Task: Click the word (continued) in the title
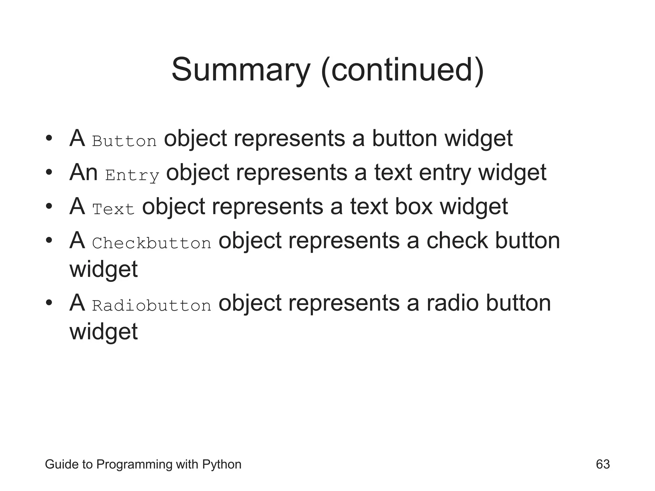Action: coord(402,70)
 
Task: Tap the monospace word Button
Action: coord(124,141)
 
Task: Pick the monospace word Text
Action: coord(113,209)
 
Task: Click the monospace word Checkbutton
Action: coord(152,243)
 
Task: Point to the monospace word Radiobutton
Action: coord(152,306)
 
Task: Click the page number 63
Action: coord(603,464)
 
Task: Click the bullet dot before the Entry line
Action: coord(49,173)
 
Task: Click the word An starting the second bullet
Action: coord(83,172)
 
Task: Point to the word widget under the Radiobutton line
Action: coord(104,332)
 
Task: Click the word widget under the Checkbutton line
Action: coord(104,269)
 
